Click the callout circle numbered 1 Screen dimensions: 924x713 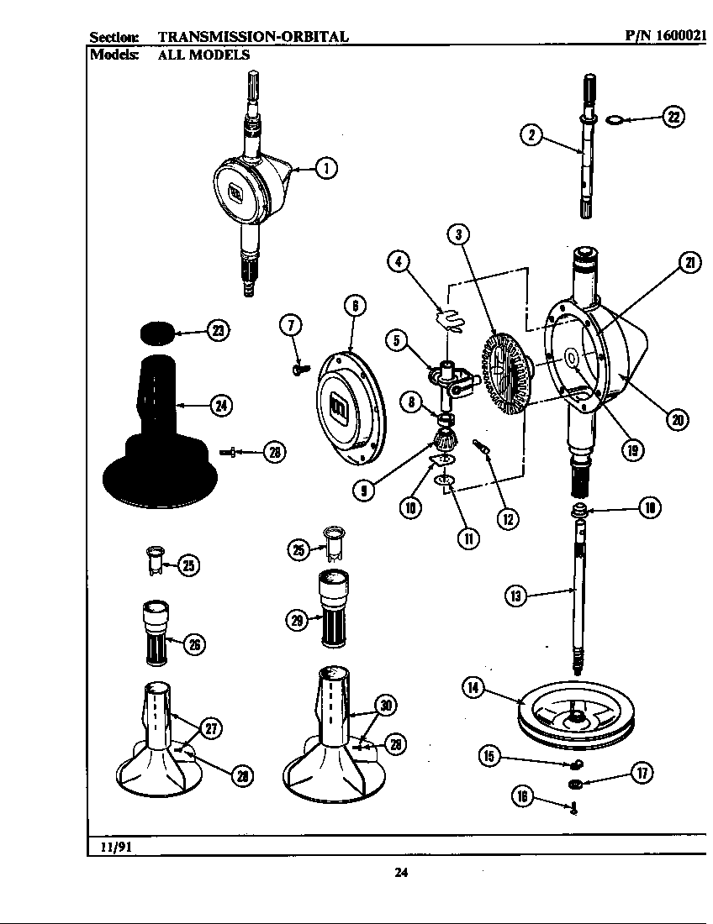coord(326,169)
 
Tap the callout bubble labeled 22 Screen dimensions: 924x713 coord(673,117)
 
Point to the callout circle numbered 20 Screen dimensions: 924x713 coord(678,417)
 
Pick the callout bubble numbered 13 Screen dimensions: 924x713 coord(515,596)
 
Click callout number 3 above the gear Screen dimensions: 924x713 coord(457,235)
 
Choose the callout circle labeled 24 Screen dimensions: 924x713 coord(221,406)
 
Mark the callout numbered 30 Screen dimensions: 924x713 coord(386,706)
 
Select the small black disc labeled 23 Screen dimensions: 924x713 coord(156,333)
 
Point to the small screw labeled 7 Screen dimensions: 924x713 coord(299,366)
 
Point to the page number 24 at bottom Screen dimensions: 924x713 coord(401,872)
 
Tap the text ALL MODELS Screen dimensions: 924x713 coord(203,55)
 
